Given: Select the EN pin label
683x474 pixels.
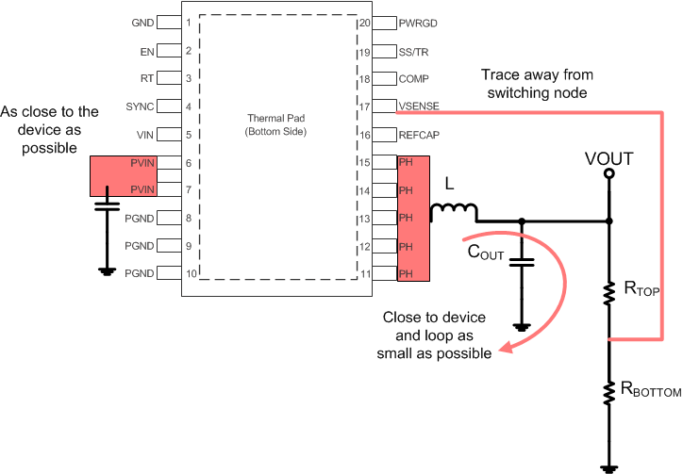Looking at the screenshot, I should click(147, 51).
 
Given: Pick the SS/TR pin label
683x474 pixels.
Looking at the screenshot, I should click(416, 51).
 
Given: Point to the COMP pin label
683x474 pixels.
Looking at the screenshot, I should click(415, 79).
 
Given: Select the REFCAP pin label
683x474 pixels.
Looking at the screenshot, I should click(420, 135).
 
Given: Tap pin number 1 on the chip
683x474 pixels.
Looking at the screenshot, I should click(189, 22).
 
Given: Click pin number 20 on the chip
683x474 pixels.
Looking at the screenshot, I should click(365, 22).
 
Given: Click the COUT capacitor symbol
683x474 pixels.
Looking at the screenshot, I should click(521, 260).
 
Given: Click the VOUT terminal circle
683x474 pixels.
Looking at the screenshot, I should click(608, 173).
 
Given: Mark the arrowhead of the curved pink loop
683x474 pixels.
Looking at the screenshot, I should click(506, 348).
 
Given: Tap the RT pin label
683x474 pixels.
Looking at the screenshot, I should click(148, 79).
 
